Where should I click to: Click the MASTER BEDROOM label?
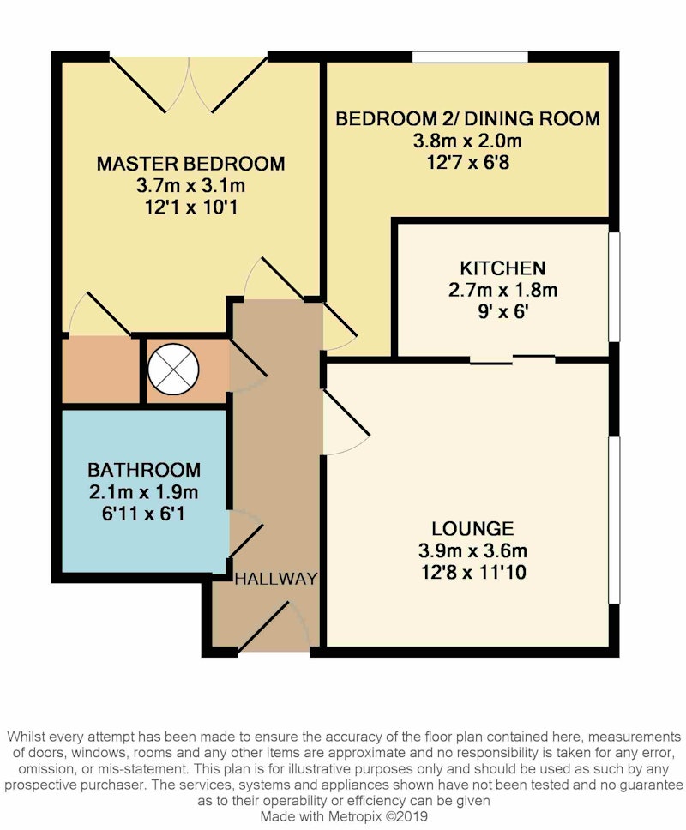(x=190, y=164)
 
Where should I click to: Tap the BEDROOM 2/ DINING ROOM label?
(x=468, y=118)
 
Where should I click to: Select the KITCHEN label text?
(x=502, y=268)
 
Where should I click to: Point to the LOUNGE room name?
(x=472, y=529)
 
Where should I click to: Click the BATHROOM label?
(x=144, y=470)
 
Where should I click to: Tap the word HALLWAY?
(x=276, y=579)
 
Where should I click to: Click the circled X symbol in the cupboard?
(x=173, y=370)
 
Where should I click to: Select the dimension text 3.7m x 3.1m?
(x=190, y=186)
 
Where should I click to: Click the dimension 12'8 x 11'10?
(x=473, y=573)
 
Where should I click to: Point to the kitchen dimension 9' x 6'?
(x=502, y=312)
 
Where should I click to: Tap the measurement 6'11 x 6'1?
(x=143, y=514)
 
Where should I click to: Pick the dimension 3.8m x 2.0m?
(x=467, y=141)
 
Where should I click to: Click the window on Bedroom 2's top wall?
(x=470, y=57)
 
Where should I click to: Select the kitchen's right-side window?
(x=614, y=287)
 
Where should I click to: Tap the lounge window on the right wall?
(x=614, y=520)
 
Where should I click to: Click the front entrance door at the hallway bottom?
(x=274, y=628)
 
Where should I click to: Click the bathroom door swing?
(x=246, y=533)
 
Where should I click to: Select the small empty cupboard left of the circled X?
(x=100, y=370)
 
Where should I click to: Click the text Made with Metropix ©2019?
(x=344, y=816)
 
